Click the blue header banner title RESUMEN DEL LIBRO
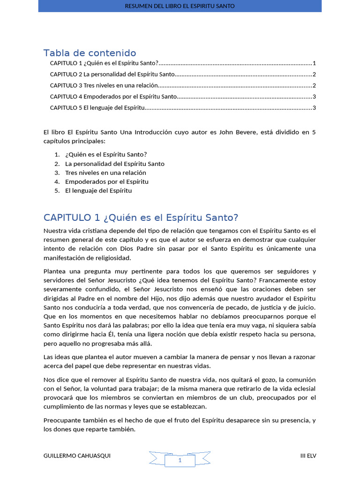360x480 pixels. (180, 6)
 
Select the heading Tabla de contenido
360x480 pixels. (90, 53)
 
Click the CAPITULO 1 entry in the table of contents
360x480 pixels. (104, 63)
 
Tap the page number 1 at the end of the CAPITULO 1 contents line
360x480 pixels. (314, 63)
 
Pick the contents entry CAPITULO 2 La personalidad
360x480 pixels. (112, 75)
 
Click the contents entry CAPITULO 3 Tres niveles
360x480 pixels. (104, 85)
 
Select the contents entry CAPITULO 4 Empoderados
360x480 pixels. (113, 97)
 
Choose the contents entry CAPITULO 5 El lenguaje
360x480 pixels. (97, 108)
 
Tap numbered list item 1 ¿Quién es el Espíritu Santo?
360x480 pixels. (106, 154)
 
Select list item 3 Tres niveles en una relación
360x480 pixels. (105, 172)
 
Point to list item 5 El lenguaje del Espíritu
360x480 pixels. (98, 191)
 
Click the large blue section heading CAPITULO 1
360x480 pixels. (141, 217)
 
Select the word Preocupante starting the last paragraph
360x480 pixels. (62, 420)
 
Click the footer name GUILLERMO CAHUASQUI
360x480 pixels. (77, 456)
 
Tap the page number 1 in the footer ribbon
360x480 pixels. (180, 461)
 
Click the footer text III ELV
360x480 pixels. (308, 456)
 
